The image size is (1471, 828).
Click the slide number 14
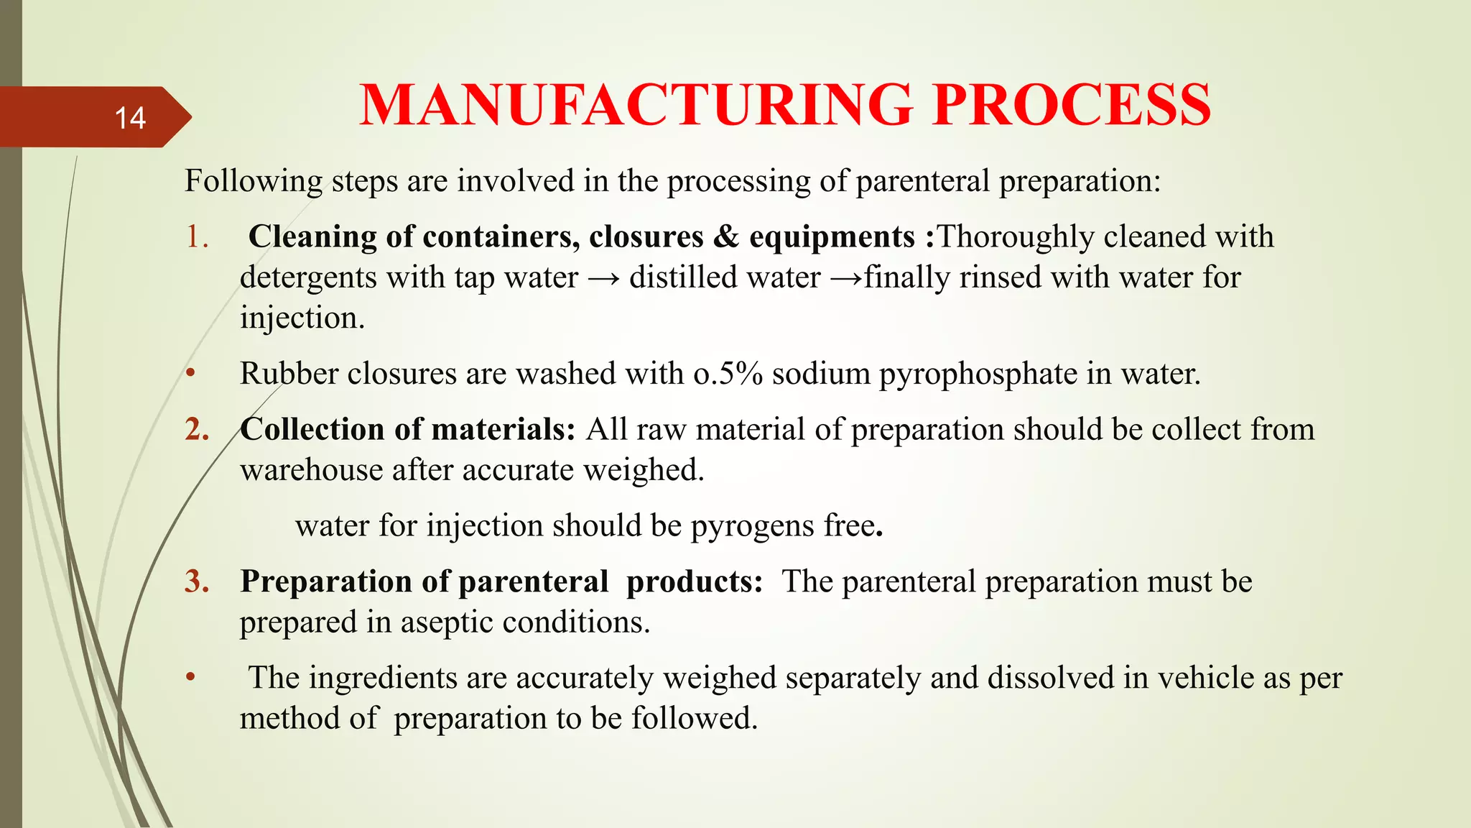tap(130, 118)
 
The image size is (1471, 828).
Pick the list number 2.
tap(197, 429)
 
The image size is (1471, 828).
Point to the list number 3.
tap(197, 581)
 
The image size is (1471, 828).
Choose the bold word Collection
tap(312, 429)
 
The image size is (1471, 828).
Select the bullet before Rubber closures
tap(190, 374)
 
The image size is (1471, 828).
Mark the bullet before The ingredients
tap(190, 678)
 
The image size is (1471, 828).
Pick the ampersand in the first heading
tap(725, 236)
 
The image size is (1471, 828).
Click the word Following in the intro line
tap(254, 181)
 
